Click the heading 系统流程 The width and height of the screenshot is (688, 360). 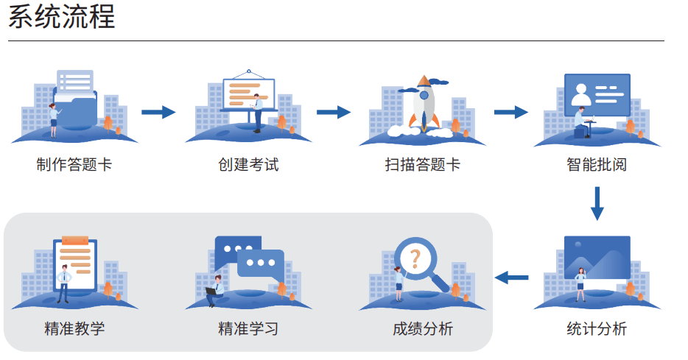[62, 17]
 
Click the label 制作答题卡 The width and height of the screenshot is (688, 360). [74, 165]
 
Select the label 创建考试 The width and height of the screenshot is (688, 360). [249, 165]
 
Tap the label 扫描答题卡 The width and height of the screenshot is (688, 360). [423, 165]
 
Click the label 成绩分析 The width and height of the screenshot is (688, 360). [423, 328]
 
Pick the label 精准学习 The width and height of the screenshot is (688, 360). [249, 328]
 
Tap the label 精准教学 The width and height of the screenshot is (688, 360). [74, 328]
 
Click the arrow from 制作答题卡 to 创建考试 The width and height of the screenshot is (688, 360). [158, 112]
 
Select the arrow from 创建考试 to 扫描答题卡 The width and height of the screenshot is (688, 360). [333, 112]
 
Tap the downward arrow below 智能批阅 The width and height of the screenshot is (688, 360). [597, 203]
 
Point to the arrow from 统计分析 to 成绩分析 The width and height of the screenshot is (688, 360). [512, 278]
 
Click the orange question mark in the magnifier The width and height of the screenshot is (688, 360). [415, 258]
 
